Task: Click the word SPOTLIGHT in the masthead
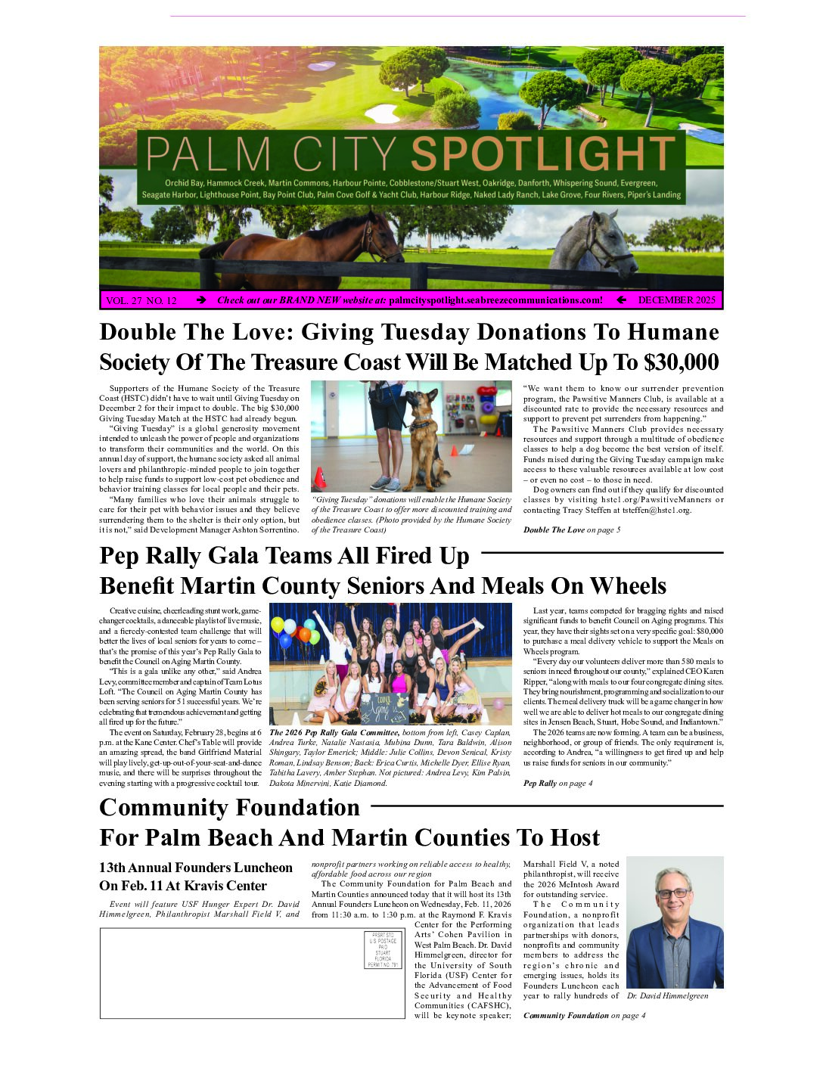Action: [543, 154]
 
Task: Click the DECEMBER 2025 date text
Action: [676, 300]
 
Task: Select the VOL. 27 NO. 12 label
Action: [141, 301]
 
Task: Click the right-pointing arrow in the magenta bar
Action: [201, 300]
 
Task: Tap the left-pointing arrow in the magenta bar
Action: [621, 300]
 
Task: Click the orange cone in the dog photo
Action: [320, 477]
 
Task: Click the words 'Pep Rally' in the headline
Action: [157, 556]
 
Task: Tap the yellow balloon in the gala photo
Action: [278, 625]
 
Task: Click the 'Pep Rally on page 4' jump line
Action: [557, 783]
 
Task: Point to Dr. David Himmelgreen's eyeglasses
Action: [672, 893]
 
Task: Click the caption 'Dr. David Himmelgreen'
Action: [667, 996]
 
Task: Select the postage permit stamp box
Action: [384, 950]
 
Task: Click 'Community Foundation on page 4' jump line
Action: [584, 1015]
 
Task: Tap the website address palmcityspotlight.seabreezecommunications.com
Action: [495, 300]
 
